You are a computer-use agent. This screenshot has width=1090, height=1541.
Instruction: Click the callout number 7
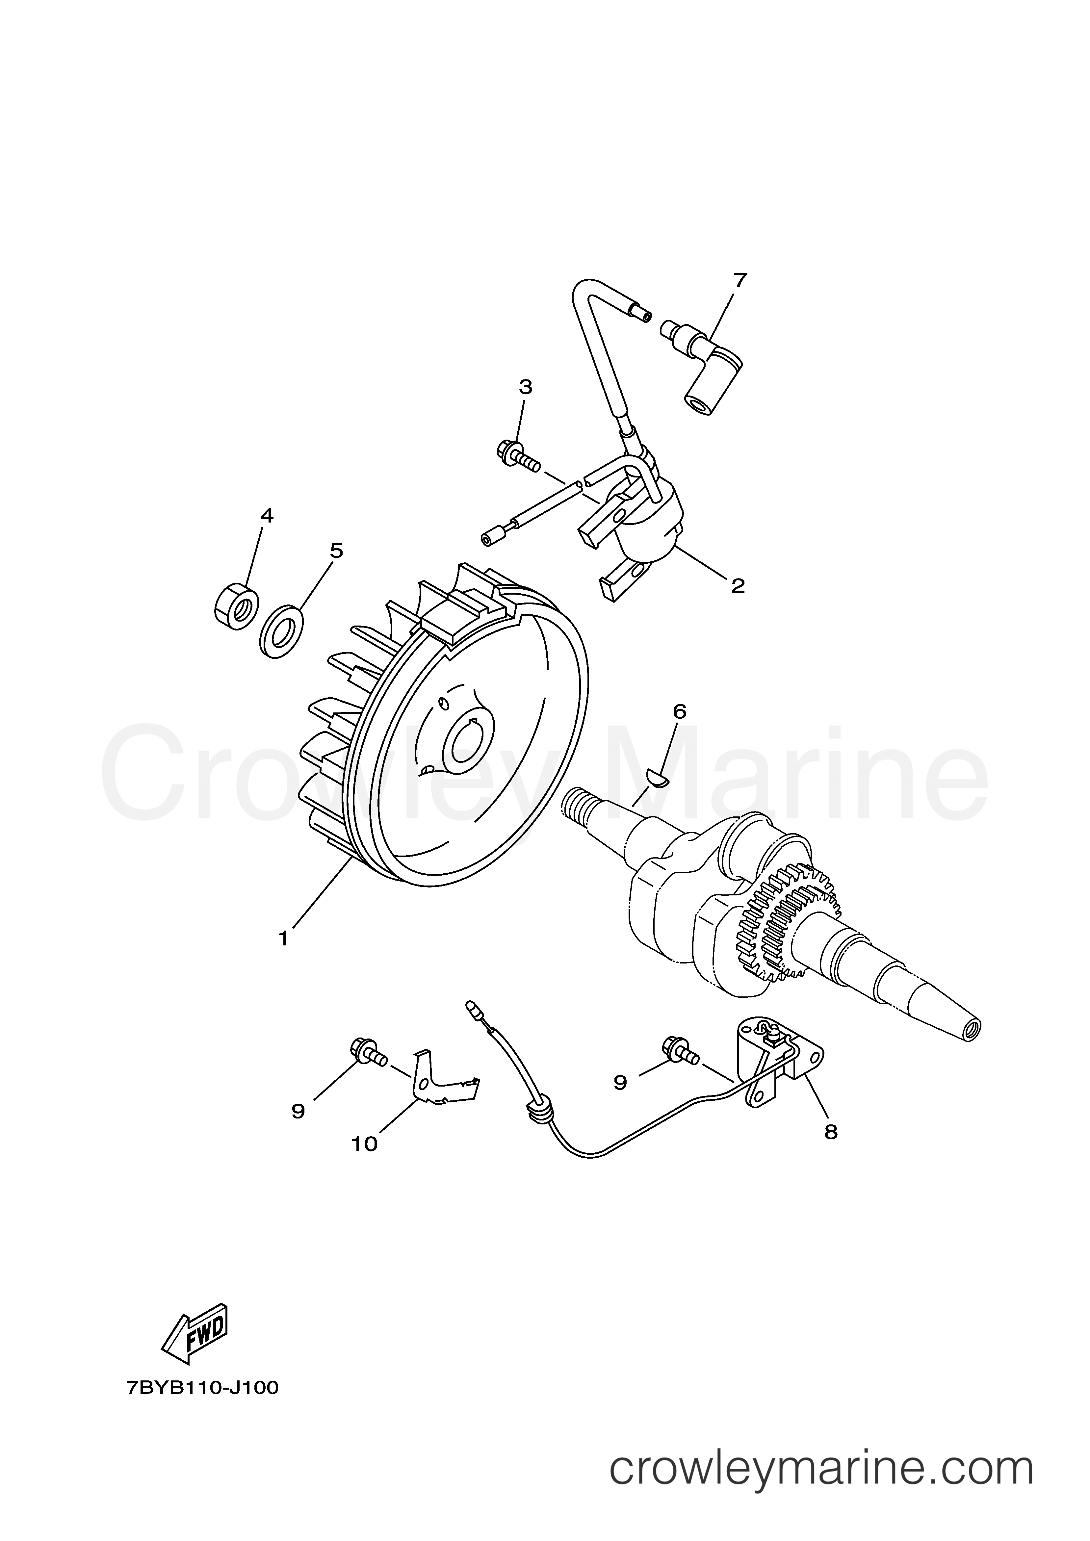pyautogui.click(x=740, y=281)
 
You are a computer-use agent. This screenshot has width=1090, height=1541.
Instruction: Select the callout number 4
pyautogui.click(x=267, y=515)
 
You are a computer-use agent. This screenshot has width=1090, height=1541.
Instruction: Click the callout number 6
pyautogui.click(x=679, y=711)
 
